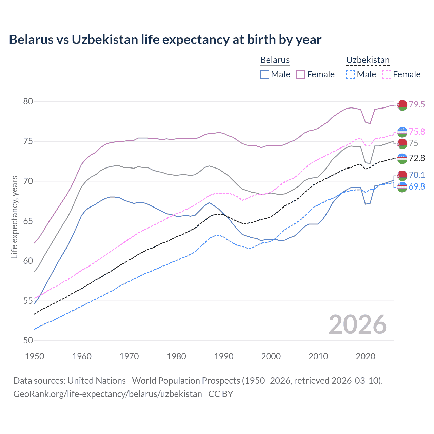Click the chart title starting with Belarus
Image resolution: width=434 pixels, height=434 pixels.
(x=165, y=40)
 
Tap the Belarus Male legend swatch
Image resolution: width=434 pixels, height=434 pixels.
(x=265, y=74)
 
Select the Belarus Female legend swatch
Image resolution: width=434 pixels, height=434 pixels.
(x=301, y=74)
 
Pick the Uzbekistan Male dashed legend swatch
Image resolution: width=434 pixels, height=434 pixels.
(x=351, y=74)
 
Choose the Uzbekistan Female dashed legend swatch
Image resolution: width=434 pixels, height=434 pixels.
(x=387, y=74)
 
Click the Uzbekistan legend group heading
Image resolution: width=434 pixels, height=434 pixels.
(x=368, y=60)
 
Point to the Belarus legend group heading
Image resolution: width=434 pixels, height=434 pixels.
(x=275, y=60)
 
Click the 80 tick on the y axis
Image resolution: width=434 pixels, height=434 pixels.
(x=28, y=102)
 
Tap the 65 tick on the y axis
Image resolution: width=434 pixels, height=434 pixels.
(x=28, y=221)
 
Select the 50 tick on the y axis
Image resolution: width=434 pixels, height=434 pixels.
(x=28, y=340)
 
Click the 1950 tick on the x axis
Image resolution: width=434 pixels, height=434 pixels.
(x=35, y=356)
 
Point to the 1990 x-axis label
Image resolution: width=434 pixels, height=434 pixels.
(x=224, y=356)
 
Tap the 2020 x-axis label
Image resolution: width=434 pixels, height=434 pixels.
(x=366, y=356)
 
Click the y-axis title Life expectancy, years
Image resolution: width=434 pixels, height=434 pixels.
(x=14, y=217)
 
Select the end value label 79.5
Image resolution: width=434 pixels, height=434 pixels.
(x=417, y=105)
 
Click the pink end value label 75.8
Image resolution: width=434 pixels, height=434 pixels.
(x=417, y=132)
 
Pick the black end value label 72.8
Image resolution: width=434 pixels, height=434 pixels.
(x=417, y=158)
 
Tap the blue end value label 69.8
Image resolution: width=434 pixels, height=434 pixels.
(x=417, y=186)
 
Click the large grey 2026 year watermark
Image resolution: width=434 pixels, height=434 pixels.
(x=358, y=324)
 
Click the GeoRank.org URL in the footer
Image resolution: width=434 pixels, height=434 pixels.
(x=107, y=394)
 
